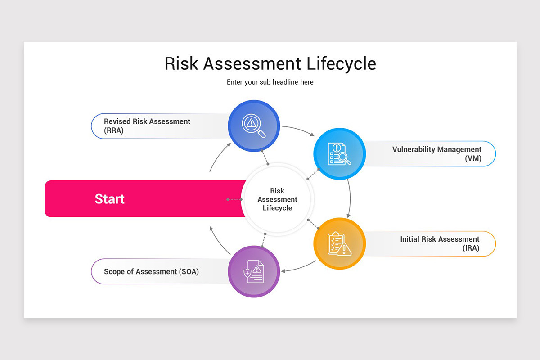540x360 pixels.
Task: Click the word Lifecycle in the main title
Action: (x=342, y=63)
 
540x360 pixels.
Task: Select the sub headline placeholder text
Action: (x=270, y=82)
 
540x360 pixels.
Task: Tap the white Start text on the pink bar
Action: (x=109, y=199)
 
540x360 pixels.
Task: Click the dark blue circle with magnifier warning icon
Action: (x=254, y=126)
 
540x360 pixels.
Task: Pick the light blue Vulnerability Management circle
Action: (x=339, y=154)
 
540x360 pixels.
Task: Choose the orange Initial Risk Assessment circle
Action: (x=339, y=243)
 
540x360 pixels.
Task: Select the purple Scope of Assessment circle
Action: (x=254, y=271)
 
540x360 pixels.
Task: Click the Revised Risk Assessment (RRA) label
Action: (x=147, y=126)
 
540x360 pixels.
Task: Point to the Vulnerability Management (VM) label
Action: (x=436, y=153)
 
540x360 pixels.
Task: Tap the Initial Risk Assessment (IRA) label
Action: (x=440, y=243)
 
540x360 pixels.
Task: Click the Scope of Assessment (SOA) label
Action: (x=151, y=271)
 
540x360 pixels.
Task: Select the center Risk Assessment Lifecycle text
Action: (x=277, y=199)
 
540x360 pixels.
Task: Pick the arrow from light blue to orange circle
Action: (x=350, y=198)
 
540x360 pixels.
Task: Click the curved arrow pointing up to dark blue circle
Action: (x=218, y=157)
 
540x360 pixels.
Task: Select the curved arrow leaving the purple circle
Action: (x=218, y=240)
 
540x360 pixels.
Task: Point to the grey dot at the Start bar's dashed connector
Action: (x=228, y=199)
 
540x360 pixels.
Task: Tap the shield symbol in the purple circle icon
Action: (x=247, y=273)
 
